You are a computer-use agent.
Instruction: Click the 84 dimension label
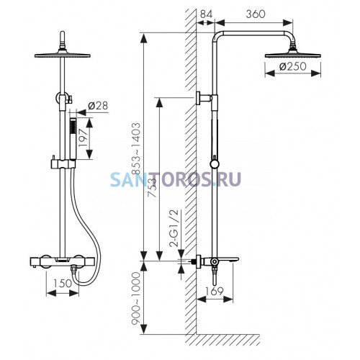pos(206,14)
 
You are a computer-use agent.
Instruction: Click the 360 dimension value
pos(256,14)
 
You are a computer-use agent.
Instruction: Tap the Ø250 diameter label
pos(293,66)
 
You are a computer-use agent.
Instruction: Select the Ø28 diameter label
pos(98,106)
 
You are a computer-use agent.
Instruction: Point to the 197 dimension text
pos(83,138)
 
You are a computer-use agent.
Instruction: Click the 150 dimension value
pos(62,283)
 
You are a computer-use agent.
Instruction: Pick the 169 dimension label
pos(215,291)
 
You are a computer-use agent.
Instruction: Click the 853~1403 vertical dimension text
pos(136,148)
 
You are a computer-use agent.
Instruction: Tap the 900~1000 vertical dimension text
pos(135,298)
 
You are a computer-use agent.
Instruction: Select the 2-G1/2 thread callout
pos(174,228)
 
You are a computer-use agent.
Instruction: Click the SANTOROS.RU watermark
pos(176,179)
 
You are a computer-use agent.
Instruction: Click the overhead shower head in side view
pos(293,53)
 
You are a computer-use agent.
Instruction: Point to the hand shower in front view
pos(73,138)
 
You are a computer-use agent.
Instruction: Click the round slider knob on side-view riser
pos(215,164)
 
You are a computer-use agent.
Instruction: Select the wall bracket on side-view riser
pos(204,98)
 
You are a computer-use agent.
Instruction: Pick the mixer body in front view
pos(63,262)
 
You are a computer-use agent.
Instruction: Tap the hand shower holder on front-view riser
pos(63,163)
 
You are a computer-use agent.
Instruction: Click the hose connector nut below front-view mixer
pos(74,271)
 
